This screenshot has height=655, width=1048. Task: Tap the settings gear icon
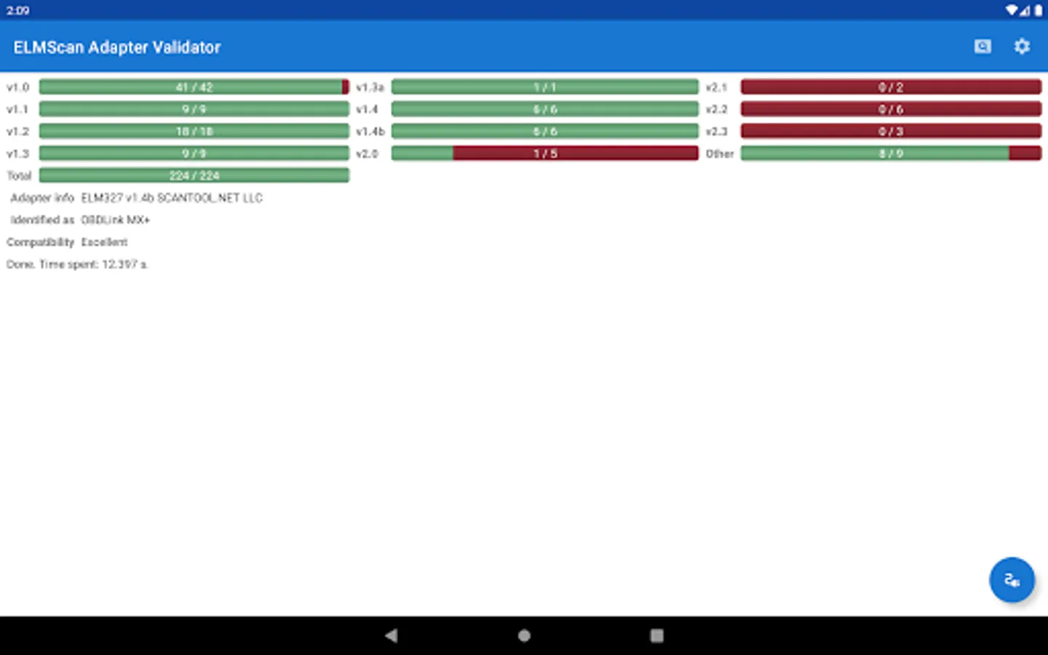(1022, 47)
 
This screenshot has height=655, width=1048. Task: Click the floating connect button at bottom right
(1012, 580)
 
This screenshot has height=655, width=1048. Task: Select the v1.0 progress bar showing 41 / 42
(194, 87)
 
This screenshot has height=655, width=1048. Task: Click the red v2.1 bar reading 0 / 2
(891, 87)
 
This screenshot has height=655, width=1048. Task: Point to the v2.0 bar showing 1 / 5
(544, 154)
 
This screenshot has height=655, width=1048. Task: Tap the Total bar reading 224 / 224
(194, 175)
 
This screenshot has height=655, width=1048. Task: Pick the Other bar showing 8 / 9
(891, 154)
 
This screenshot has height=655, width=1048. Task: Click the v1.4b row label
(370, 132)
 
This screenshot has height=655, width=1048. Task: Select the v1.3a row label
(370, 87)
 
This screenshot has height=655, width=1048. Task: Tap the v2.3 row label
(717, 132)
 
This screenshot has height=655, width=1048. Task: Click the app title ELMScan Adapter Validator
(117, 47)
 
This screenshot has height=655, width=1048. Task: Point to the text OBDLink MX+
(116, 220)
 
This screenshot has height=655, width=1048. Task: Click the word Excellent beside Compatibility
(104, 242)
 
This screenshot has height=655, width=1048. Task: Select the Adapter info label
(42, 198)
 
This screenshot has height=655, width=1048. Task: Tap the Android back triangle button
(392, 635)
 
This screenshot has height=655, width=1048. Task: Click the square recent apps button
(656, 635)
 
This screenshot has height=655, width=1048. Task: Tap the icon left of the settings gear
(982, 47)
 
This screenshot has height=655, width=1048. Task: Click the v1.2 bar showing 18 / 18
(194, 132)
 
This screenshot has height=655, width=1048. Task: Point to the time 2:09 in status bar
(18, 10)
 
